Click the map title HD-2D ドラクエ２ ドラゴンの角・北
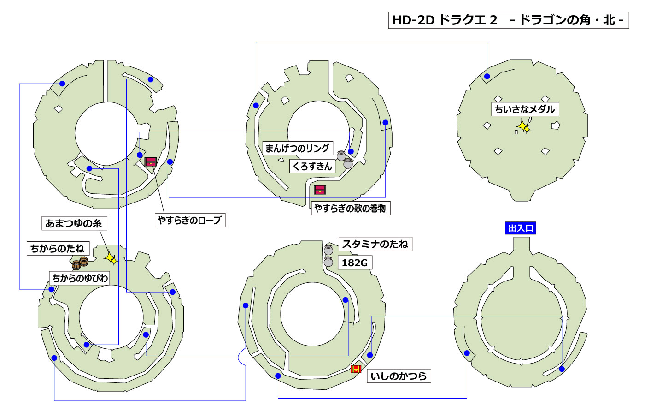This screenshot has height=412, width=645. click(508, 20)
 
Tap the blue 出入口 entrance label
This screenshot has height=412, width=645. click(521, 228)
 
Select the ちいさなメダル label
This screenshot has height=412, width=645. click(525, 109)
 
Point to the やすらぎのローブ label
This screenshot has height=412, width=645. click(190, 221)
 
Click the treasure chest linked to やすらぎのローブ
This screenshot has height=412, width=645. click(150, 161)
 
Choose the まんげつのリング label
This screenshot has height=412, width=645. click(297, 149)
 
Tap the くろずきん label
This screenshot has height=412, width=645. click(312, 166)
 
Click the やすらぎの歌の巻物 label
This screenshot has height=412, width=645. click(350, 209)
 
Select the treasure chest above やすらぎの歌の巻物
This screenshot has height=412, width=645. click(320, 190)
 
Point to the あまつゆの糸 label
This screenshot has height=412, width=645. click(74, 224)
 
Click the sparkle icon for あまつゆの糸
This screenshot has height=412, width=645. click(111, 258)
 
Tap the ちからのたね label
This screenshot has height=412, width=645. click(58, 249)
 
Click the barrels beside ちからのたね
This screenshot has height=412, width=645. click(80, 263)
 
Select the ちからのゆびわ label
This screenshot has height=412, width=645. click(80, 278)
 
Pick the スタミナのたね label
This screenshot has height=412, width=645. click(375, 244)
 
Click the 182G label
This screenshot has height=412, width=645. click(355, 263)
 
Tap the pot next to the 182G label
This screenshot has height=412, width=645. click(328, 262)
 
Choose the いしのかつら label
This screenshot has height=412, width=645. click(399, 376)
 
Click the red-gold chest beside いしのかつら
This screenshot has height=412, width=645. click(356, 369)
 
